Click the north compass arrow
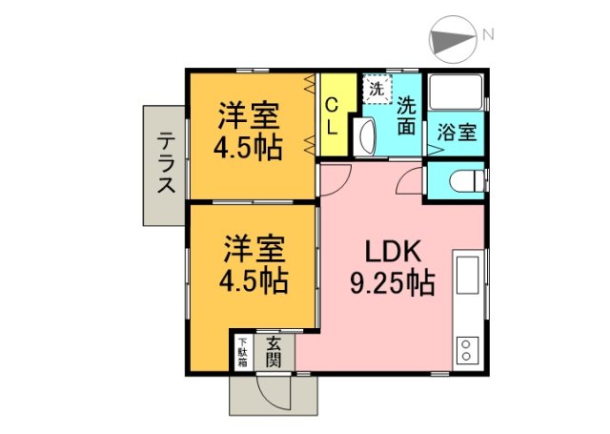[455, 40]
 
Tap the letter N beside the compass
[488, 35]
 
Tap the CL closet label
[333, 114]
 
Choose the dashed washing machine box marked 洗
[375, 88]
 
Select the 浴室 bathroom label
[457, 133]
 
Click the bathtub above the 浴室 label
[457, 93]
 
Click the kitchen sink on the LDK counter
[468, 275]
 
